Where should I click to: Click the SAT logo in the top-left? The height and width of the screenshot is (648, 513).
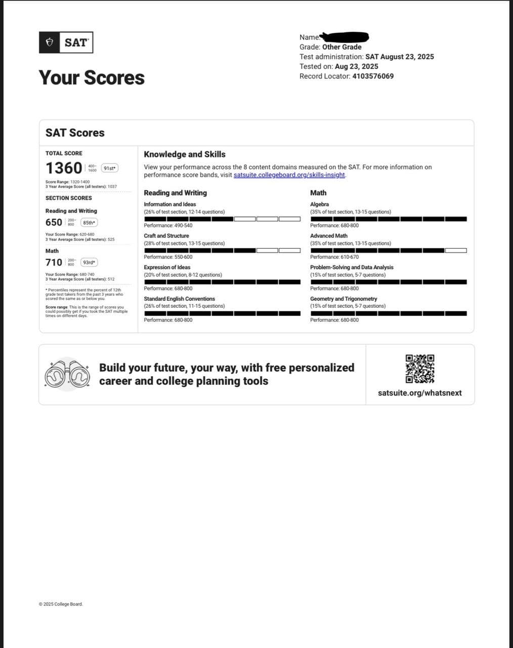[66, 43]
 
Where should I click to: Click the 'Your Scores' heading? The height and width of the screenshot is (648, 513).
[92, 77]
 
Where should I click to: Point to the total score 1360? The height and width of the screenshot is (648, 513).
[64, 168]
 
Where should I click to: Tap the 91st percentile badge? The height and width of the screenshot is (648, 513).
[110, 168]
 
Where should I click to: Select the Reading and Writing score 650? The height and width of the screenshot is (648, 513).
[54, 222]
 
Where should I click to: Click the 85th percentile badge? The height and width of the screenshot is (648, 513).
[89, 222]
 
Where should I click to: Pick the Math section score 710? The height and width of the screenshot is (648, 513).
[54, 262]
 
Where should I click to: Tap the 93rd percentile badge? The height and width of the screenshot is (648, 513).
[89, 262]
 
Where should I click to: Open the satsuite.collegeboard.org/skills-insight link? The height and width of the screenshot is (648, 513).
[289, 175]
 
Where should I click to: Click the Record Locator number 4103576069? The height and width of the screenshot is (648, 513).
[373, 76]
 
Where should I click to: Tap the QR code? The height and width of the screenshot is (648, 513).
[419, 369]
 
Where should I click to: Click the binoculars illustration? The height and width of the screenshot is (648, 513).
[67, 375]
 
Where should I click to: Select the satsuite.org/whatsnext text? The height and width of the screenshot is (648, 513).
[419, 393]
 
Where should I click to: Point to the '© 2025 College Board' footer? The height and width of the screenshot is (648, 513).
[61, 604]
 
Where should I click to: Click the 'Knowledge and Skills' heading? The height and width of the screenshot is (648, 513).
[185, 154]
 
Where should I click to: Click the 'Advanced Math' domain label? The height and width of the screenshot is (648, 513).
[329, 236]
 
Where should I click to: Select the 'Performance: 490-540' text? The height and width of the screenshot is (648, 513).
[168, 225]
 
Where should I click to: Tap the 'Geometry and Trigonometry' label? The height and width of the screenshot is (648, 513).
[344, 299]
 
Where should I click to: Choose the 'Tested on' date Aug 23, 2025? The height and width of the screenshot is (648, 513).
[356, 66]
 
